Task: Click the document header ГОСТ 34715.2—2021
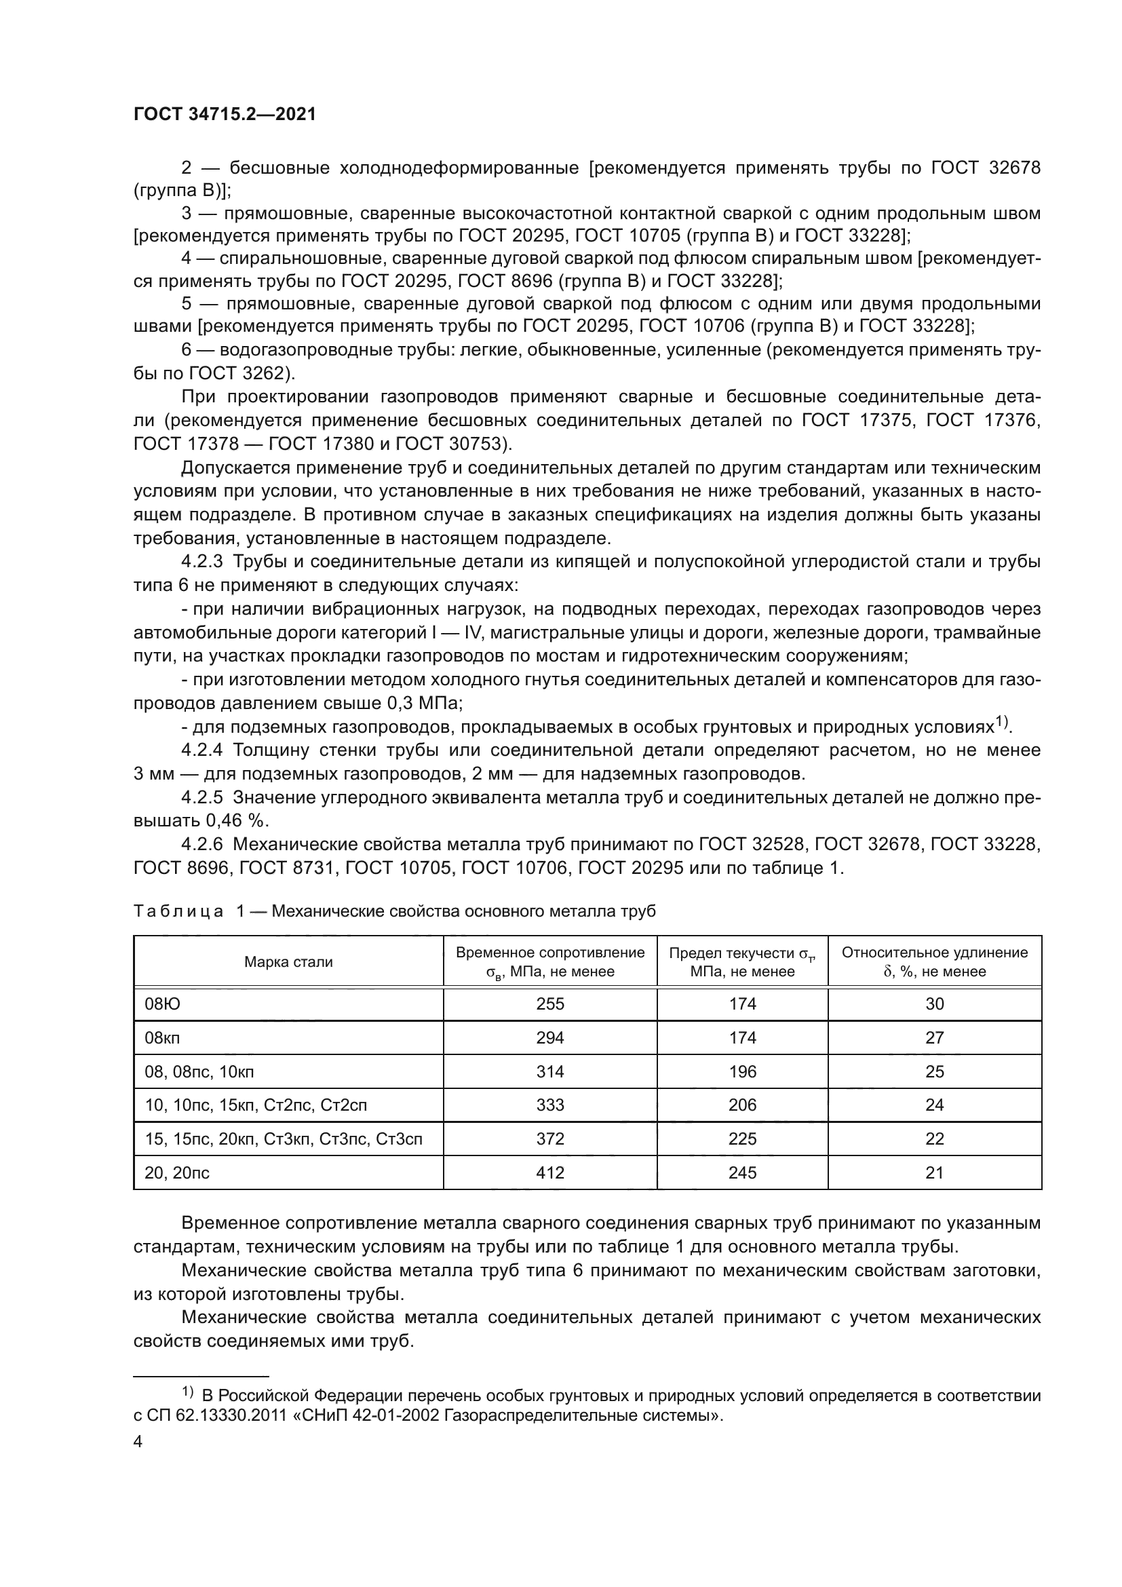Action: click(x=225, y=114)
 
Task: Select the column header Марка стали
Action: click(x=288, y=961)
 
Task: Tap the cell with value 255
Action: click(x=550, y=1003)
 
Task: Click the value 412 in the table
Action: click(x=550, y=1172)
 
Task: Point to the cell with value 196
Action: click(x=742, y=1071)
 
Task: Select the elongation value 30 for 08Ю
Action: click(x=934, y=1003)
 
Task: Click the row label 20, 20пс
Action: click(x=177, y=1172)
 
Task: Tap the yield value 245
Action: click(x=742, y=1172)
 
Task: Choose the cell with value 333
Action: click(x=550, y=1105)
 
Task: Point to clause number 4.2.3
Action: click(x=201, y=562)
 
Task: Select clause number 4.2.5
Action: click(x=201, y=797)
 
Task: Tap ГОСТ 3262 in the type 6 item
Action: click(x=238, y=373)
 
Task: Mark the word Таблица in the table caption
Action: click(x=178, y=911)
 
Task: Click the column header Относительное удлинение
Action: click(x=934, y=953)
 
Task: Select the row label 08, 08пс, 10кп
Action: click(x=199, y=1071)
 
